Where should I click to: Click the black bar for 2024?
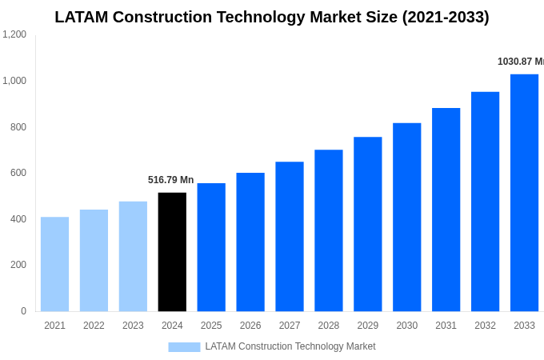(172, 252)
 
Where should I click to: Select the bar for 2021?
(54, 264)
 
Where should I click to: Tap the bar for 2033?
(524, 193)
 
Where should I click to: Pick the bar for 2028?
(328, 230)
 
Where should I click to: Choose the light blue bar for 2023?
(133, 256)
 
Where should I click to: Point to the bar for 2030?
(406, 217)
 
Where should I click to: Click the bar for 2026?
(250, 242)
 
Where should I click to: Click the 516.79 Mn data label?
(170, 180)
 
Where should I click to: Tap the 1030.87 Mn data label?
(520, 62)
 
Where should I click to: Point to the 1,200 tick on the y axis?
(14, 34)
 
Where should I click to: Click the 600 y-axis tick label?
(18, 173)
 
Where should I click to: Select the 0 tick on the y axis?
(23, 311)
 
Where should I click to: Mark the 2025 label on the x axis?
(211, 326)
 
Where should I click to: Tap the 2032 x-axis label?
(485, 326)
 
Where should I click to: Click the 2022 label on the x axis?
(94, 326)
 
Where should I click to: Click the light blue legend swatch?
(184, 347)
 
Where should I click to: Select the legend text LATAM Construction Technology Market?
(290, 346)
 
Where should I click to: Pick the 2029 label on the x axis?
(367, 326)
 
